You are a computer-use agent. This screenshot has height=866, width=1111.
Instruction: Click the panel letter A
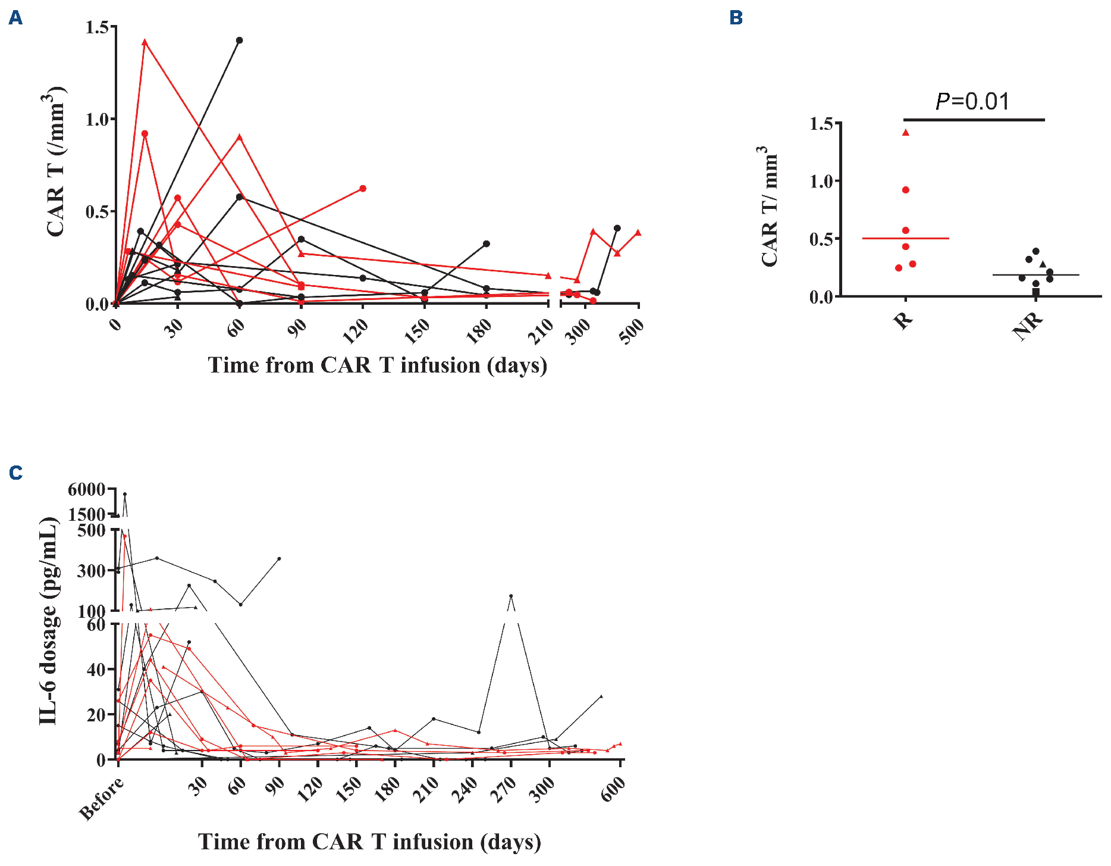click(16, 18)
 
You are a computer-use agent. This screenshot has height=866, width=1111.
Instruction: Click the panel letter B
click(736, 18)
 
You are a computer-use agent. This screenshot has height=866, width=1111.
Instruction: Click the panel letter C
click(16, 473)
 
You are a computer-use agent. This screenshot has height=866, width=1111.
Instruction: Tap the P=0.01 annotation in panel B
click(972, 102)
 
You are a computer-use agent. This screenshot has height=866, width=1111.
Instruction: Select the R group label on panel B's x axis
click(903, 321)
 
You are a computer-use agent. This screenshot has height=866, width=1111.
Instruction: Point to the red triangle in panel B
click(906, 133)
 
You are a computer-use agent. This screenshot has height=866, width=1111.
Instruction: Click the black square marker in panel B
click(1036, 292)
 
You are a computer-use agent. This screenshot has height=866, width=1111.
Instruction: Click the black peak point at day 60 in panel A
click(240, 40)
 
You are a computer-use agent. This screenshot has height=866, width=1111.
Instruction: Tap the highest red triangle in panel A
click(145, 42)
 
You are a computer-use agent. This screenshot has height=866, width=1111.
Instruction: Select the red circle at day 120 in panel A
click(363, 189)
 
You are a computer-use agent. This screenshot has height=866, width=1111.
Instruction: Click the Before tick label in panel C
click(102, 799)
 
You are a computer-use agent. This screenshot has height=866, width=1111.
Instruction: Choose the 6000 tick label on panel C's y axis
click(87, 490)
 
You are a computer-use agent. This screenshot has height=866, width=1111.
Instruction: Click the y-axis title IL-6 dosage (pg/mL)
click(49, 621)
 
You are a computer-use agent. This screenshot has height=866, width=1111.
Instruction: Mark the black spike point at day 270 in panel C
click(511, 596)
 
